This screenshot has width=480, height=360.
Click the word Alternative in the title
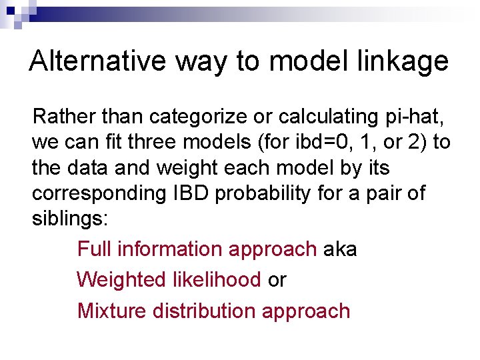(98, 61)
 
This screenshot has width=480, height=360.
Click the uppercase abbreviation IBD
(191, 193)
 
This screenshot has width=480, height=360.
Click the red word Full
(94, 249)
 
